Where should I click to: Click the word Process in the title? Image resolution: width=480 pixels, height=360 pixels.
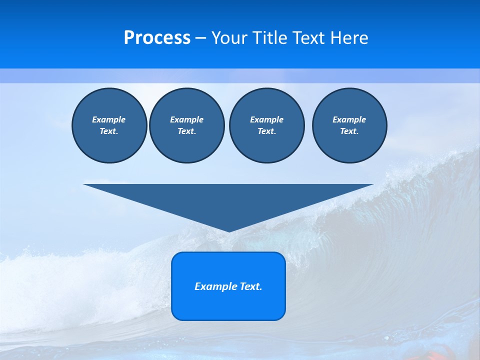pyautogui.click(x=157, y=38)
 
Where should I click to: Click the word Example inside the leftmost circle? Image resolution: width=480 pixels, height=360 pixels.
pyautogui.click(x=109, y=119)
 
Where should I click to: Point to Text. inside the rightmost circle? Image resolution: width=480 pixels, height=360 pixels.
pyautogui.click(x=349, y=131)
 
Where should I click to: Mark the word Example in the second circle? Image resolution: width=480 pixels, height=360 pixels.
pyautogui.click(x=186, y=119)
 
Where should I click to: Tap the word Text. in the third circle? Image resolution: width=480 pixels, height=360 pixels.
pyautogui.click(x=266, y=131)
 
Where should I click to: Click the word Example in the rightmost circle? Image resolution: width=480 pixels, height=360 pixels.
pyautogui.click(x=349, y=119)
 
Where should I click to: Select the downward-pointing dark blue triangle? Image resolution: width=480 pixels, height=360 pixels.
pyautogui.click(x=228, y=200)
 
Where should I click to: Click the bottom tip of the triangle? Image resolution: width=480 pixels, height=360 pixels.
pyautogui.click(x=228, y=230)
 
